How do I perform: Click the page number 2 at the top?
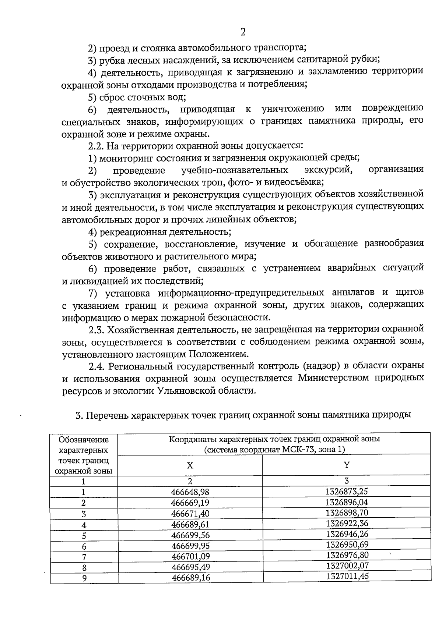point(243,32)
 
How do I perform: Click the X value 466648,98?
point(190,492)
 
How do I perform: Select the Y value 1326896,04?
point(347,502)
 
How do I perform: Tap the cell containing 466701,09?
point(190,556)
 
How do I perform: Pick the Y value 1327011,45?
point(347,576)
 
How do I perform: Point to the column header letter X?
point(190,465)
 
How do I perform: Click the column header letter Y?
point(346,464)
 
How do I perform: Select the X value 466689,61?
point(190,524)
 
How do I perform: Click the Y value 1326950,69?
point(347,544)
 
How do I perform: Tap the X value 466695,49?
point(190,567)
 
